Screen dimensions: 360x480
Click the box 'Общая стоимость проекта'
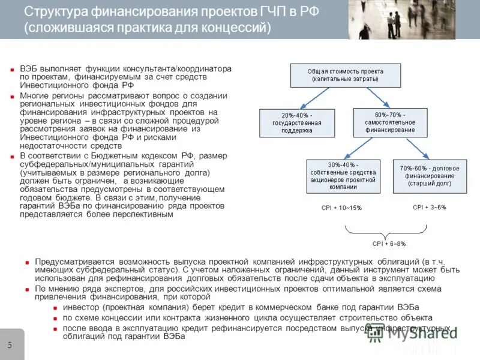tap(337, 75)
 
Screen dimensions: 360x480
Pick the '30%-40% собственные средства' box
tap(343, 176)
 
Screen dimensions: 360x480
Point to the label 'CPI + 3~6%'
tap(429, 207)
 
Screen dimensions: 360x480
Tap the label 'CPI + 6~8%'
tap(389, 244)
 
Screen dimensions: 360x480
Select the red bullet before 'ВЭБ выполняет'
tap(13, 70)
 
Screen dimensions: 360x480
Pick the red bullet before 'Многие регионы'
tap(13, 96)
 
